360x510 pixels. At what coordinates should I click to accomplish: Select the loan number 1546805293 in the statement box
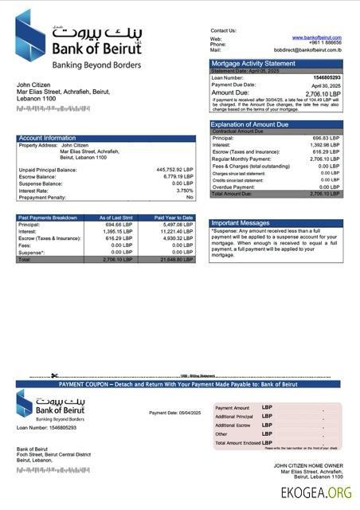(x=325, y=77)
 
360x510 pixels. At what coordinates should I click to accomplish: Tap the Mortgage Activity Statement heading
(x=252, y=63)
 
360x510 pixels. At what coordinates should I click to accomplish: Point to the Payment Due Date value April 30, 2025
(x=326, y=84)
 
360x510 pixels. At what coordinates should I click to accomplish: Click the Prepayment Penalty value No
(x=190, y=198)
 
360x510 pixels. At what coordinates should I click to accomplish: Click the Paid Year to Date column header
(x=174, y=218)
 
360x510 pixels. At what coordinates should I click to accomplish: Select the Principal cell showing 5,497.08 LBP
(x=178, y=225)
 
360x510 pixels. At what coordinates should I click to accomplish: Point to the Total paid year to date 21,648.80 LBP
(x=177, y=260)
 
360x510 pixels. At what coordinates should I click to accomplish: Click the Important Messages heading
(x=240, y=223)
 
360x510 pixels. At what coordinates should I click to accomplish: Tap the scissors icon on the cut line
(x=55, y=375)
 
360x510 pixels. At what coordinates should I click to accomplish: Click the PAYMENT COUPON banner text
(x=178, y=384)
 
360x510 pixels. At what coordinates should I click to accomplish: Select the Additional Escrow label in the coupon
(x=233, y=426)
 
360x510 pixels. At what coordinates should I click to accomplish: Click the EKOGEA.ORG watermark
(x=316, y=493)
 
